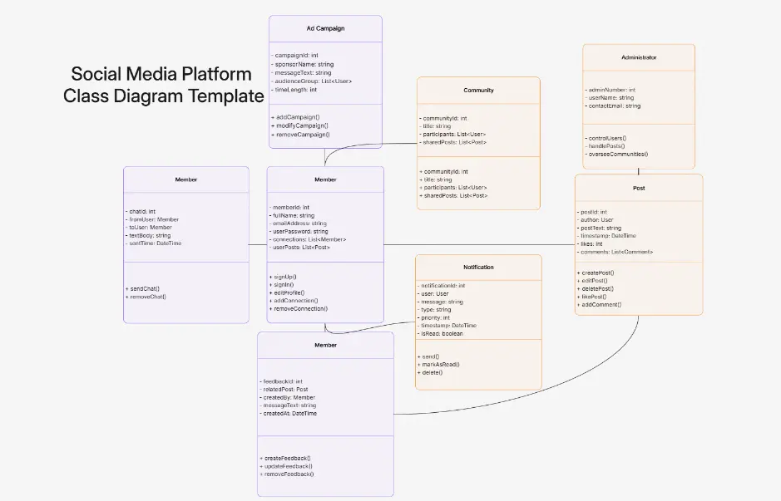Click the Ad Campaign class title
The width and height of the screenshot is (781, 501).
click(325, 28)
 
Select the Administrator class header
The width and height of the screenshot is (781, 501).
click(638, 58)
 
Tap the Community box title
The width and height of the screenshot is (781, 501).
click(478, 90)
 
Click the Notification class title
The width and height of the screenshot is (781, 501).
click(478, 268)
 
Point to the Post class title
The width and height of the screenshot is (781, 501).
click(638, 189)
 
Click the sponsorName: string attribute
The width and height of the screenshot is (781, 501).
click(304, 64)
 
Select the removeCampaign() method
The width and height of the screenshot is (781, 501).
click(302, 134)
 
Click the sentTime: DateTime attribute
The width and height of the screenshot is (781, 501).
click(155, 243)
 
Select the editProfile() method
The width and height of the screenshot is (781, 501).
click(289, 292)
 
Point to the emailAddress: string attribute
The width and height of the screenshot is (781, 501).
click(299, 223)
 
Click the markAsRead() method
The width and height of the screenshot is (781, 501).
click(441, 364)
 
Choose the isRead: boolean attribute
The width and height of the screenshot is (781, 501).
click(442, 334)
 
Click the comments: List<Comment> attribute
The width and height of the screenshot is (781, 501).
click(616, 252)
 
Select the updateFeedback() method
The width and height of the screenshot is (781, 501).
click(289, 466)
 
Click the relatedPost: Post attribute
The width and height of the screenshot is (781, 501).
click(287, 389)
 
